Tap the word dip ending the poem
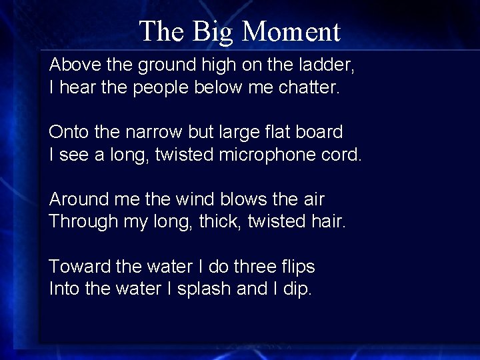click(300, 290)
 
